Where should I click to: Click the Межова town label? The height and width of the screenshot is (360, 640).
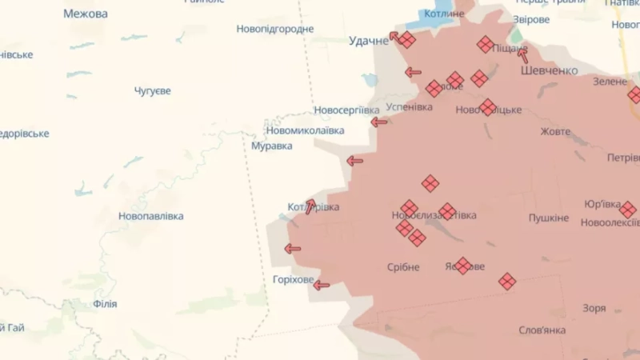click(85, 14)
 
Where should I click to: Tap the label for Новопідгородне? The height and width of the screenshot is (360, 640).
click(274, 29)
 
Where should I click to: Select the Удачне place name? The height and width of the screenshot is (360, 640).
click(368, 41)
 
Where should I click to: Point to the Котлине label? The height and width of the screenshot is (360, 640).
click(445, 14)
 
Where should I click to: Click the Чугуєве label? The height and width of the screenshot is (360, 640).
click(152, 91)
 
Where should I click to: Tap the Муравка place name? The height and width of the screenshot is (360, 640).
click(271, 146)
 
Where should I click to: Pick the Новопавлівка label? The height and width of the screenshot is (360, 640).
click(150, 216)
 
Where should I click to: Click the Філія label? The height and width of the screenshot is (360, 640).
click(105, 304)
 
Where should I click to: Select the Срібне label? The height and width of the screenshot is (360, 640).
click(403, 267)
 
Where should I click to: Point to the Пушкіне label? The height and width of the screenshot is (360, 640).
click(549, 218)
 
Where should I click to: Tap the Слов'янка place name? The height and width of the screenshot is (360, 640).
click(542, 330)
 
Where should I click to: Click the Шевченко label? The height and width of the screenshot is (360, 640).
click(549, 70)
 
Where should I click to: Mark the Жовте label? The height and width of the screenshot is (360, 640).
click(555, 131)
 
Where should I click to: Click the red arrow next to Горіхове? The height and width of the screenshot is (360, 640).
click(321, 285)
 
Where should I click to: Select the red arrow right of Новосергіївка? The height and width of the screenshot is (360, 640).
click(378, 122)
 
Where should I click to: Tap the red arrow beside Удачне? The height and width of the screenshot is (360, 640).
click(394, 36)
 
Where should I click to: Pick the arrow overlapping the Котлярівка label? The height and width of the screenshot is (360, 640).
click(310, 206)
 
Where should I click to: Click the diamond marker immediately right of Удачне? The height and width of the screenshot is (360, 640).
click(407, 40)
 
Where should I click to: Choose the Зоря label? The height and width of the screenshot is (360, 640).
click(594, 308)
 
